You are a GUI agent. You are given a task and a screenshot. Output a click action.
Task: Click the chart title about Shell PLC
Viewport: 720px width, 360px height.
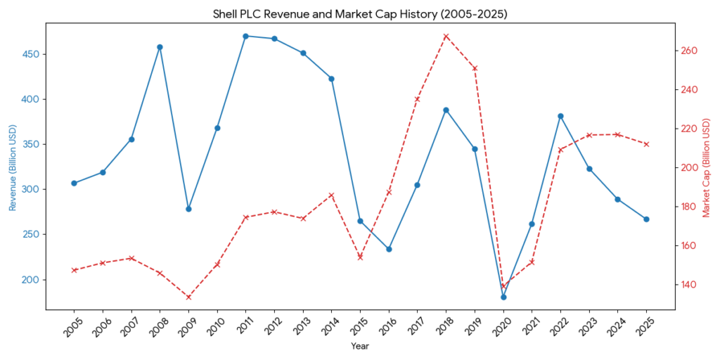pyautogui.click(x=359, y=13)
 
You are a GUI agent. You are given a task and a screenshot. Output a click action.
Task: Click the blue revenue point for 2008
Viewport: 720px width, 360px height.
pyautogui.click(x=160, y=47)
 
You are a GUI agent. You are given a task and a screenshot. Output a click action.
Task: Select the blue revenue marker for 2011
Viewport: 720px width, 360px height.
pyautogui.click(x=245, y=36)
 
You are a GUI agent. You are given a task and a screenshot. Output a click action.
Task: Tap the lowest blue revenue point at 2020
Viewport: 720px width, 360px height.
pyautogui.click(x=503, y=297)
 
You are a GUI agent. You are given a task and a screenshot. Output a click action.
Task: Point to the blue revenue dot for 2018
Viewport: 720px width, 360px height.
pyautogui.click(x=446, y=110)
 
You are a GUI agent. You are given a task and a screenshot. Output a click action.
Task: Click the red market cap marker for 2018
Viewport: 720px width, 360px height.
pyautogui.click(x=446, y=37)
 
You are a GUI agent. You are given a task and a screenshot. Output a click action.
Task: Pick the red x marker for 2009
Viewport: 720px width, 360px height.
pyautogui.click(x=188, y=297)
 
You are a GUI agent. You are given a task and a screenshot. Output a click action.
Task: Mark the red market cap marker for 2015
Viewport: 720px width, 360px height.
pyautogui.click(x=360, y=257)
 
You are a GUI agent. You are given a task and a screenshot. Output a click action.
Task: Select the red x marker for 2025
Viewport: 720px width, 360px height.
pyautogui.click(x=646, y=144)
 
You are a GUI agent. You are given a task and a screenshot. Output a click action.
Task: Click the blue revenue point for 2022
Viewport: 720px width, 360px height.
pyautogui.click(x=560, y=116)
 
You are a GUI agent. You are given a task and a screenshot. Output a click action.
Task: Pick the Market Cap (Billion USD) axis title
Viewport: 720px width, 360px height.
pyautogui.click(x=707, y=167)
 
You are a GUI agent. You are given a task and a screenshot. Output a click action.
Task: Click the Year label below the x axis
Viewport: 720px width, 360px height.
pyautogui.click(x=359, y=346)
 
